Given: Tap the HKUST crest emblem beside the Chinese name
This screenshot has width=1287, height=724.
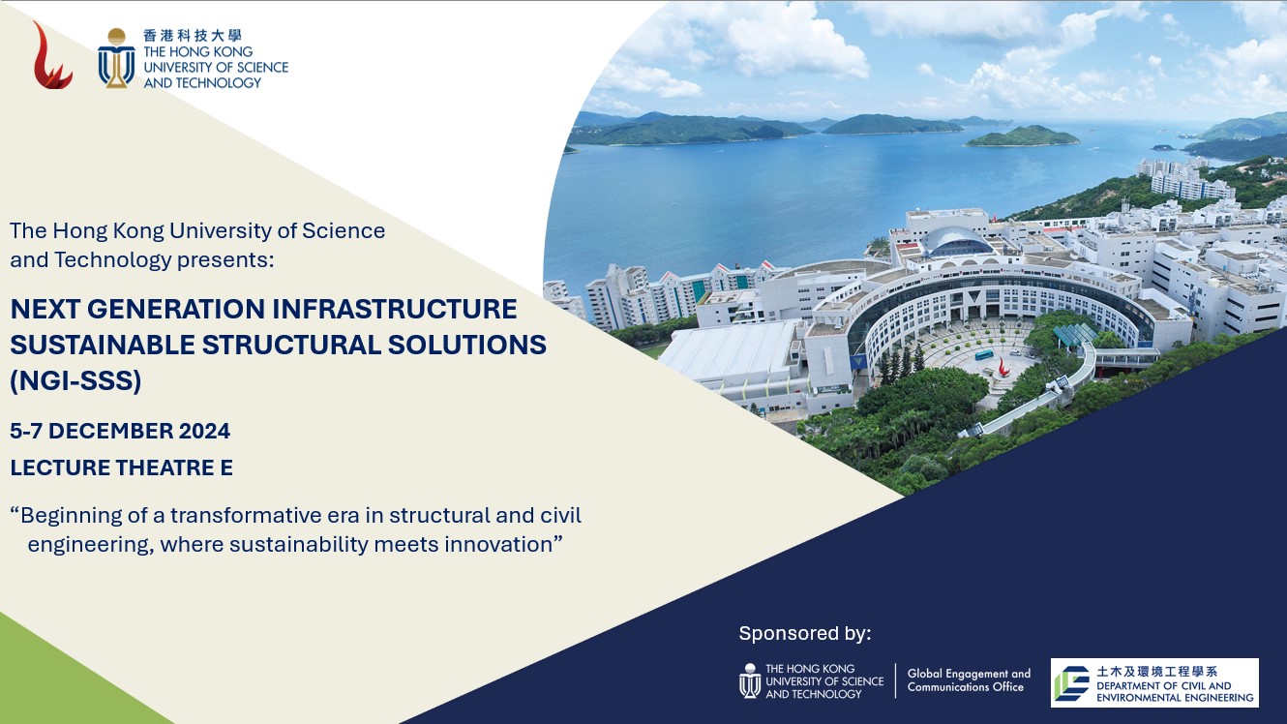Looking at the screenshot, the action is pyautogui.click(x=116, y=57).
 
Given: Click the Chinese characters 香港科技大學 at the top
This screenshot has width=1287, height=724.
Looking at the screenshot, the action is pyautogui.click(x=193, y=36).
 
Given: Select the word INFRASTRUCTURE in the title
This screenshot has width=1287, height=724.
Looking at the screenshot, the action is pyautogui.click(x=394, y=309).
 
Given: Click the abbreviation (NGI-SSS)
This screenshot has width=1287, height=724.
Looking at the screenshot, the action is pyautogui.click(x=75, y=380).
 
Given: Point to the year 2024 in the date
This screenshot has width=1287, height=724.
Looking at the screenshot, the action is pyautogui.click(x=204, y=431).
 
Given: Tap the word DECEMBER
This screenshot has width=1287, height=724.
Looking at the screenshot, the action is pyautogui.click(x=110, y=431).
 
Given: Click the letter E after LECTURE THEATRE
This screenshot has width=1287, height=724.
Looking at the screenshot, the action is pyautogui.click(x=226, y=468).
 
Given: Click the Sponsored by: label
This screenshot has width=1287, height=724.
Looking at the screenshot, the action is pyautogui.click(x=805, y=633).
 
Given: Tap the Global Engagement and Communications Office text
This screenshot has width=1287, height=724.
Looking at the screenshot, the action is pyautogui.click(x=969, y=680).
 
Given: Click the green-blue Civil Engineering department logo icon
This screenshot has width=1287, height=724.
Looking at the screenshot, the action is pyautogui.click(x=1071, y=683).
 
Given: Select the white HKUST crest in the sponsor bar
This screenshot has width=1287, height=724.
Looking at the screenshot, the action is pyautogui.click(x=750, y=680).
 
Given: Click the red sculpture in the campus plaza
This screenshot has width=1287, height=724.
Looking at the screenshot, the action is pyautogui.click(x=1003, y=367).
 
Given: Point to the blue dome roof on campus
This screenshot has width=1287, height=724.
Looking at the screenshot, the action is pyautogui.click(x=957, y=242).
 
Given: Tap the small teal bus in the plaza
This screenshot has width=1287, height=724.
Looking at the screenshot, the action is pyautogui.click(x=984, y=354).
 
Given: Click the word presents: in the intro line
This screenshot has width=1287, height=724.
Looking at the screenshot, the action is pyautogui.click(x=225, y=260).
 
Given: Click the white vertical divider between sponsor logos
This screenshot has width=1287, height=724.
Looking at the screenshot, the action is pyautogui.click(x=895, y=680).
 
